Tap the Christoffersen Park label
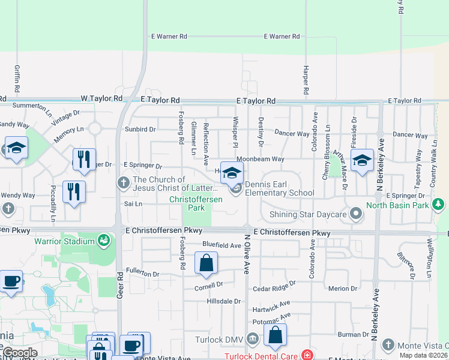(196, 203)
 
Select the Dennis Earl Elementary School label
(279, 193)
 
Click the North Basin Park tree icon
(439, 205)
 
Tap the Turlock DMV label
(218, 340)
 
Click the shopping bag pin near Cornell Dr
(206, 263)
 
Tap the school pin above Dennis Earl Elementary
(232, 173)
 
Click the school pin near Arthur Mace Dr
(362, 160)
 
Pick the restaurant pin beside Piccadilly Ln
(74, 191)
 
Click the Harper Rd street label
(306, 79)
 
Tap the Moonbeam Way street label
(264, 159)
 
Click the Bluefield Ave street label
(221, 245)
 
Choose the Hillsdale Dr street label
(223, 301)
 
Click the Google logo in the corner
(19, 353)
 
